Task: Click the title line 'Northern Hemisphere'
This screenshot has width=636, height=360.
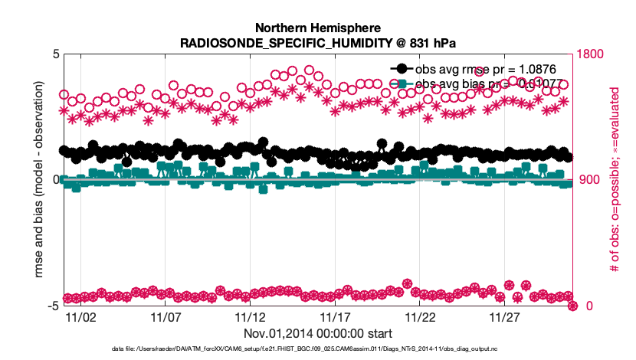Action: (318, 27)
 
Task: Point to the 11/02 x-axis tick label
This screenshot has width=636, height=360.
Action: (80, 316)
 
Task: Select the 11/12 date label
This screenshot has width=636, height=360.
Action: (250, 316)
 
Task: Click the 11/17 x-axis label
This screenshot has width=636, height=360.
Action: (335, 316)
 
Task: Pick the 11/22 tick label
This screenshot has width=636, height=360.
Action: (419, 316)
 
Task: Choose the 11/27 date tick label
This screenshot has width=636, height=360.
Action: (504, 316)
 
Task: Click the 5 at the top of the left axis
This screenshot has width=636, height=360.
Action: (55, 54)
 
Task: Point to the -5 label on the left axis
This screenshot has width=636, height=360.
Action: (53, 306)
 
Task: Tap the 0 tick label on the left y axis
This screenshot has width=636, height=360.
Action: (55, 180)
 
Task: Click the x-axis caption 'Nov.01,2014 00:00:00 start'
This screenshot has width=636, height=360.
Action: (318, 333)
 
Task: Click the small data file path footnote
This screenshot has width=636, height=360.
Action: (318, 349)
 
